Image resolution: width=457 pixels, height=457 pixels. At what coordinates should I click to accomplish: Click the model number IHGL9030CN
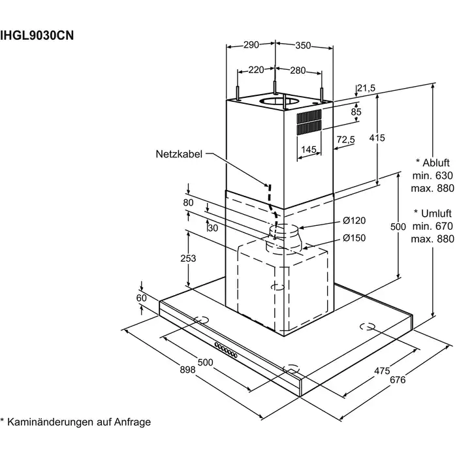coord(37,35)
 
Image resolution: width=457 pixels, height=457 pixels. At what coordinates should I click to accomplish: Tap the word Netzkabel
coord(179,154)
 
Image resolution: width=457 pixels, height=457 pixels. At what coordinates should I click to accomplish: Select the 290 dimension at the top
coord(251,44)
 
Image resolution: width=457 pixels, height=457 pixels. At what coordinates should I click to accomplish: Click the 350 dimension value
coord(303,46)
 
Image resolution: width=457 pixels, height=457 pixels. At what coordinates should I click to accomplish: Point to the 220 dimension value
coord(256,70)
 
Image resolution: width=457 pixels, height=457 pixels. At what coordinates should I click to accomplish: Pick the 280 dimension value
coord(298,71)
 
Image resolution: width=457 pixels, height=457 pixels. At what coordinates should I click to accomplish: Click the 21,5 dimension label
coord(366,88)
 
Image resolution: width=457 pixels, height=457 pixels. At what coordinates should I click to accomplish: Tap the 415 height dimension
coord(377,138)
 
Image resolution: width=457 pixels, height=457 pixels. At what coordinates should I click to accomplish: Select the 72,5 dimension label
coord(345,140)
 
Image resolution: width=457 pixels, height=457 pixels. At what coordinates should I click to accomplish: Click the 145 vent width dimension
coord(309,150)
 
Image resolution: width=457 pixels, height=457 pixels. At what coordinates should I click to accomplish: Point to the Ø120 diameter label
coord(354,221)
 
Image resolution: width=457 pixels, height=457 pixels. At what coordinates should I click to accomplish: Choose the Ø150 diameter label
coord(354,238)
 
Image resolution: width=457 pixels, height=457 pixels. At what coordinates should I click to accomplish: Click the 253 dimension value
coord(188,259)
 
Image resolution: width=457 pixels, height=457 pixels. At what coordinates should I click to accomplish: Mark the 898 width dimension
coord(187,370)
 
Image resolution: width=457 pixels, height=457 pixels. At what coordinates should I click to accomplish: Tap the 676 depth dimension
coord(398,380)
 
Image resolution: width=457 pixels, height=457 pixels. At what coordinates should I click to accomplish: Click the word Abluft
coord(436,163)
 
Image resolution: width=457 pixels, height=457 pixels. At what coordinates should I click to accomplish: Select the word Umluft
coord(436,213)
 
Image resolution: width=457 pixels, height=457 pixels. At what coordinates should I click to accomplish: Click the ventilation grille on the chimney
coord(309,123)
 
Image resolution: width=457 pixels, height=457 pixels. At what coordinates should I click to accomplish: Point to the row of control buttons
coord(226,350)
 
